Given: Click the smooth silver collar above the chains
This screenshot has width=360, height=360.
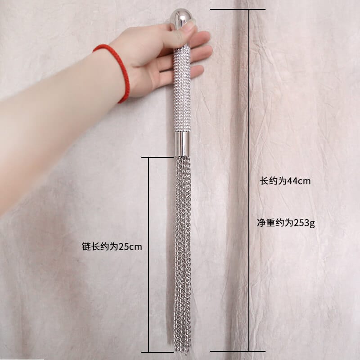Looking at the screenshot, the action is (182, 144).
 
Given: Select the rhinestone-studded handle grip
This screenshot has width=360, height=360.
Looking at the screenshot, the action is (182, 90).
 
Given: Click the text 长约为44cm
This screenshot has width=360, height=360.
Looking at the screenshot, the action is (285, 181).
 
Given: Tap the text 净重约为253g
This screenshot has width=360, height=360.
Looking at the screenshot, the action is (286, 223).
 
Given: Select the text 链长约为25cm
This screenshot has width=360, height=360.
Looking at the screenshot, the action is (112, 247).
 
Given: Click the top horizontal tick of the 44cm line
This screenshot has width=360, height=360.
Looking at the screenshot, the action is (238, 9).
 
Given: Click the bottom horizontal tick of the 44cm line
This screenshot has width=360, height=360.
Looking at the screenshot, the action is (238, 351).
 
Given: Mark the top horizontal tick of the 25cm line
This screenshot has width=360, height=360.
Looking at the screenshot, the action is (157, 157).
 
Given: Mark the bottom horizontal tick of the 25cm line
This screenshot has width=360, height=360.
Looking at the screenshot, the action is (157, 352).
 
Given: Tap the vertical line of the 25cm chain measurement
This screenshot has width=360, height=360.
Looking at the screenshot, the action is (149, 255).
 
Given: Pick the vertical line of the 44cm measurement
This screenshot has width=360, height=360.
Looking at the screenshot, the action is (249, 180).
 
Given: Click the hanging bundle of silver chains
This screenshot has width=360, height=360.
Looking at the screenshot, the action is (183, 255).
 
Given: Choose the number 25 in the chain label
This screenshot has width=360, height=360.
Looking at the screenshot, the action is (124, 247).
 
